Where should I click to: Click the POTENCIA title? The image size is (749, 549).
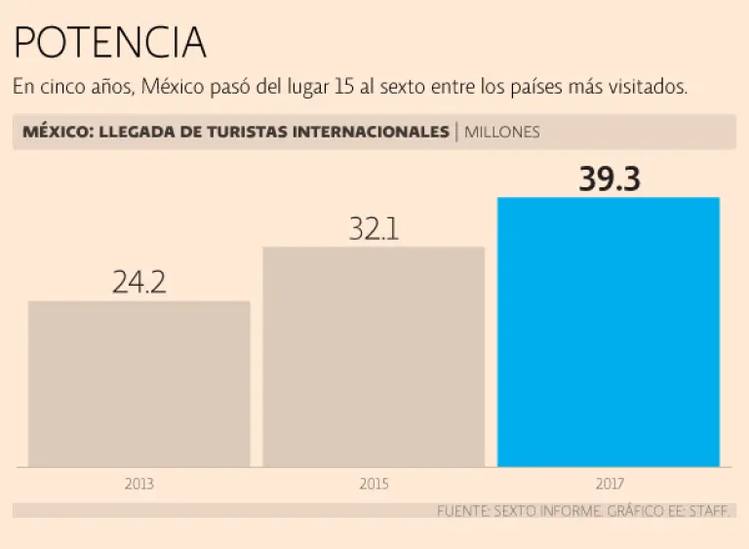pyautogui.click(x=109, y=43)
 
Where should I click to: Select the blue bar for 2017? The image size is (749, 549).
pyautogui.click(x=609, y=332)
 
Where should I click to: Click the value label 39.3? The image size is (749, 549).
pyautogui.click(x=609, y=179)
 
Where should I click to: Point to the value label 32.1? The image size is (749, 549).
pyautogui.click(x=374, y=229)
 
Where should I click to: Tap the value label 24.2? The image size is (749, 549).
pyautogui.click(x=139, y=283)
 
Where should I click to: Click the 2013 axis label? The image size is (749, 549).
pyautogui.click(x=139, y=484)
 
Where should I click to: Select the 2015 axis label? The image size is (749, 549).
pyautogui.click(x=374, y=484)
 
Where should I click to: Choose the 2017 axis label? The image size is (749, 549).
pyautogui.click(x=609, y=484)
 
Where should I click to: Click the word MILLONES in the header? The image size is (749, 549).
pyautogui.click(x=501, y=132)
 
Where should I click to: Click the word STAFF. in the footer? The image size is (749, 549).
pyautogui.click(x=709, y=511)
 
